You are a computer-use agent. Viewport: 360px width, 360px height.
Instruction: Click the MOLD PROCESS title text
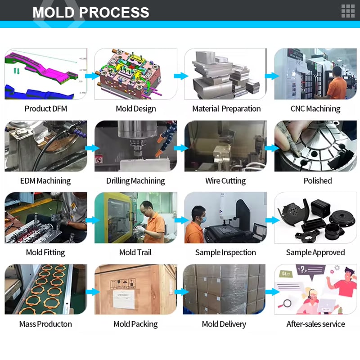(91, 13)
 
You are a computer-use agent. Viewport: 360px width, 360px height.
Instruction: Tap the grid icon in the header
(348, 11)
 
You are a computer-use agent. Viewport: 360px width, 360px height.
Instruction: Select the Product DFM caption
(46, 108)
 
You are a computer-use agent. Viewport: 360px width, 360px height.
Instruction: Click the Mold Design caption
(136, 109)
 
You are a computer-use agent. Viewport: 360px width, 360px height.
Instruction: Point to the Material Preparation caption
(226, 109)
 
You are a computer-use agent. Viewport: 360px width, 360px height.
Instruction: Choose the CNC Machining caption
(315, 109)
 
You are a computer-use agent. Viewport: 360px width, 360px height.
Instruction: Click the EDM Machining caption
(45, 181)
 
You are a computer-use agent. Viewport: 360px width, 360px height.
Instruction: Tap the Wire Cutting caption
(225, 181)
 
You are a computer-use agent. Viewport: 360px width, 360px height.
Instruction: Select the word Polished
(318, 181)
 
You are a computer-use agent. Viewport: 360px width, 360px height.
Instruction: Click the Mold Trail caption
(135, 252)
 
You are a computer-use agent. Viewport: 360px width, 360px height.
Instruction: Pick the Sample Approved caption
(315, 252)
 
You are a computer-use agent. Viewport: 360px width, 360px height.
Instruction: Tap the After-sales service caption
(315, 324)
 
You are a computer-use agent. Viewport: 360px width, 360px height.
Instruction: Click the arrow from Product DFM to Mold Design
(92, 76)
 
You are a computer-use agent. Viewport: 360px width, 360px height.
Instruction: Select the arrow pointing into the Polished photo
(272, 148)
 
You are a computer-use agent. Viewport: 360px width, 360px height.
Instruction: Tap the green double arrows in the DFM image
(17, 71)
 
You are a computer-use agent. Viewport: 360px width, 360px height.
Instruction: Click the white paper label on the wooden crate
(123, 299)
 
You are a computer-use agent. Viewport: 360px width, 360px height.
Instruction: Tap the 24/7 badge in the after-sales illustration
(286, 274)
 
